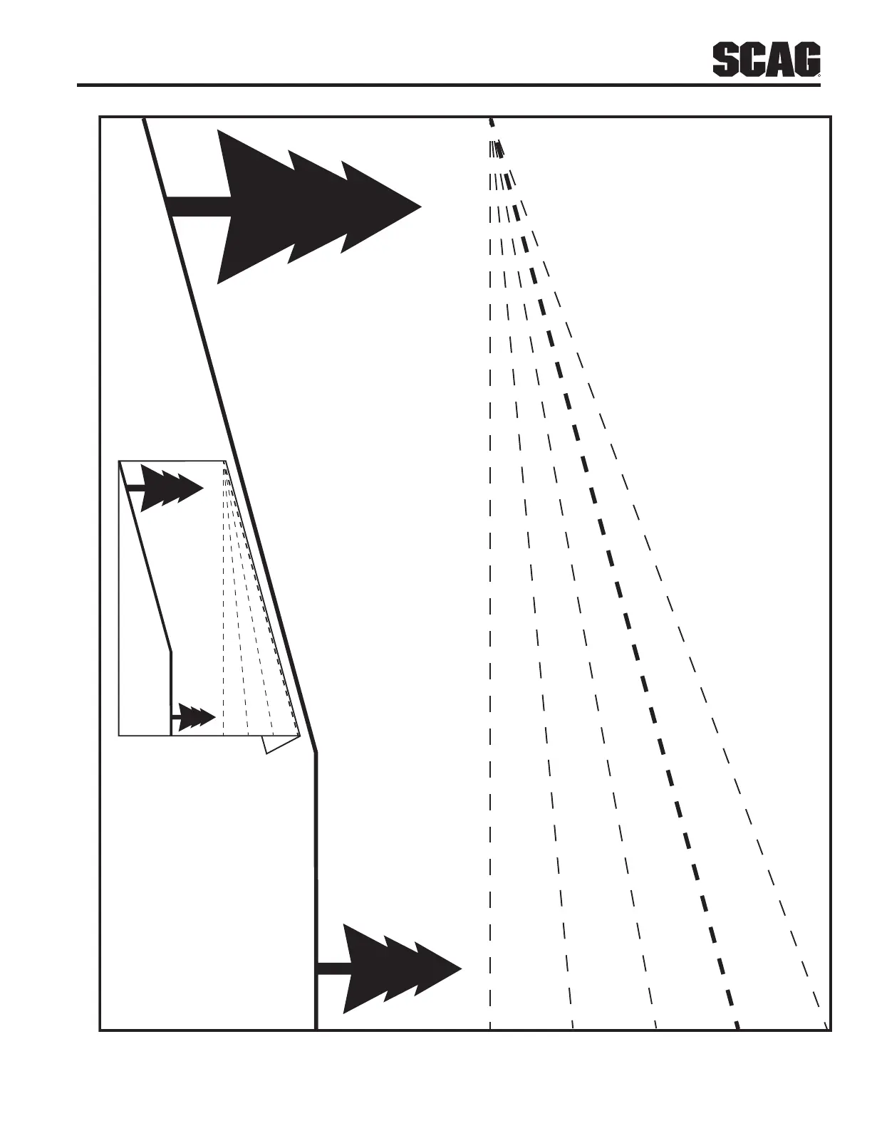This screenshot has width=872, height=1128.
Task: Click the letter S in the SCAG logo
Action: click(725, 61)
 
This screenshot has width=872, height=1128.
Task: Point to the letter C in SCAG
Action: click(752, 61)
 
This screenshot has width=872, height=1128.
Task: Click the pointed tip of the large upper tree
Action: click(420, 207)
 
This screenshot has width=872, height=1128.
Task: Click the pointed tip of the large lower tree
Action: click(462, 968)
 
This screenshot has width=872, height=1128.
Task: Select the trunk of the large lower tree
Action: click(332, 968)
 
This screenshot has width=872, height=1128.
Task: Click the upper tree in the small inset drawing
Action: click(171, 487)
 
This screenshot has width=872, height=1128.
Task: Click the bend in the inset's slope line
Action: click(171, 650)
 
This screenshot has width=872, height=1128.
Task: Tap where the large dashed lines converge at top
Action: click(491, 121)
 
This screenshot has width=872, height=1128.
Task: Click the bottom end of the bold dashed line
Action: click(738, 1027)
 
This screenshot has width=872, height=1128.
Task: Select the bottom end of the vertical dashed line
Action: click(490, 1027)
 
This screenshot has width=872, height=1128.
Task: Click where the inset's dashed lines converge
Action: click(225, 464)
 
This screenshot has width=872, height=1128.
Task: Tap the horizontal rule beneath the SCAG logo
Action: click(449, 85)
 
